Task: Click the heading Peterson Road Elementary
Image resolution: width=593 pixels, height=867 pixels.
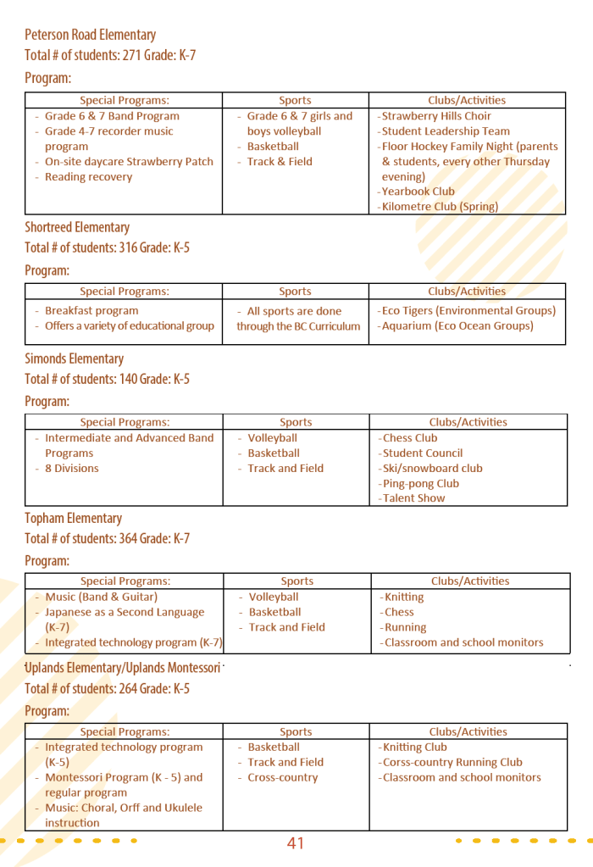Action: pyautogui.click(x=90, y=35)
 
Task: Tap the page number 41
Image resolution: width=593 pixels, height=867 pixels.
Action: pyautogui.click(x=295, y=843)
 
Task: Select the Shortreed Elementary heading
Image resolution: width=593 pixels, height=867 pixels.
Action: pyautogui.click(x=77, y=227)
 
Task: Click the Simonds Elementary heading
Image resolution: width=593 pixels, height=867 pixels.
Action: pyautogui.click(x=74, y=358)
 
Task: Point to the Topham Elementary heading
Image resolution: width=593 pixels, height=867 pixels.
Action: pyautogui.click(x=73, y=518)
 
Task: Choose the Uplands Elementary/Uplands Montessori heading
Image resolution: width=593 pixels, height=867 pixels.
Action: pyautogui.click(x=123, y=668)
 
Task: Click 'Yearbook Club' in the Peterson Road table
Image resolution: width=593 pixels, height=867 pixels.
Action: pyautogui.click(x=418, y=192)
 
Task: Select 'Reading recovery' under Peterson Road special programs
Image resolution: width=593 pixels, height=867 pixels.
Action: pyautogui.click(x=88, y=177)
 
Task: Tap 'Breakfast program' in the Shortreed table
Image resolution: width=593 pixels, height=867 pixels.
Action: pyautogui.click(x=91, y=311)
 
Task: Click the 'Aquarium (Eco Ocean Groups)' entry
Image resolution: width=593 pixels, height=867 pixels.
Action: pyautogui.click(x=457, y=326)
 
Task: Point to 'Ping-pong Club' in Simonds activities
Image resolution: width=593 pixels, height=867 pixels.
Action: pyautogui.click(x=420, y=484)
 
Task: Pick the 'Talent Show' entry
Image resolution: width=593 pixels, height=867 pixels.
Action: pyautogui.click(x=413, y=498)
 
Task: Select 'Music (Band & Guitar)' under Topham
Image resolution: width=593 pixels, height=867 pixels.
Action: pyautogui.click(x=101, y=597)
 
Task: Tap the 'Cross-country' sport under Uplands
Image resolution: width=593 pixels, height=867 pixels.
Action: pyautogui.click(x=282, y=778)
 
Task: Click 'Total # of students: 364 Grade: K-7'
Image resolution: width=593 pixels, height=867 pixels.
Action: pyautogui.click(x=107, y=539)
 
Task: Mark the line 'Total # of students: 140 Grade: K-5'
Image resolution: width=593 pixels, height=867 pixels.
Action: pyautogui.click(x=107, y=379)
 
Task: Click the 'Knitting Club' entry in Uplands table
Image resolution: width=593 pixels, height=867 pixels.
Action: pyautogui.click(x=414, y=748)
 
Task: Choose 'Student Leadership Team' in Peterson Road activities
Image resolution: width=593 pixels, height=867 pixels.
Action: pyautogui.click(x=446, y=131)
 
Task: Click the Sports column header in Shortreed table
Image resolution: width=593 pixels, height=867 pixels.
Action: pyautogui.click(x=295, y=292)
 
